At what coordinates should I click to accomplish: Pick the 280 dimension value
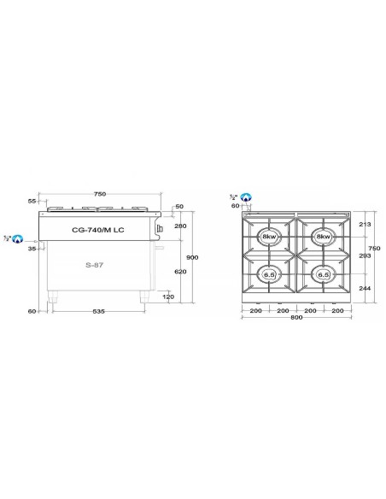[x=179, y=226]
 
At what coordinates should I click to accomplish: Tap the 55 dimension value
[x=32, y=201]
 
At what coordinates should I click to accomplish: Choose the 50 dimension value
[x=178, y=207]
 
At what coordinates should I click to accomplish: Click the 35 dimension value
[x=32, y=249]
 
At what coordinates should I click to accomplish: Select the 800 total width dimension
[x=296, y=320]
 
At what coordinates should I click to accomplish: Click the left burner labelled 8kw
[x=269, y=237]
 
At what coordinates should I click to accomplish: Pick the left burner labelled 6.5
[x=269, y=274]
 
